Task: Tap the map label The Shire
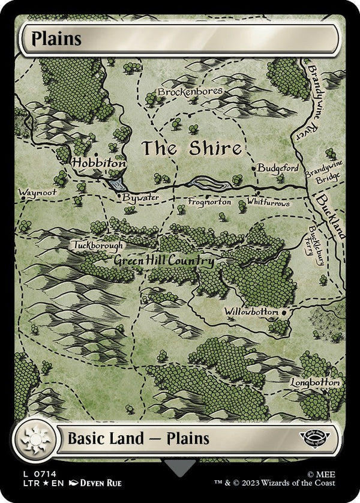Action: click(x=191, y=148)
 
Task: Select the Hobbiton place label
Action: click(x=99, y=163)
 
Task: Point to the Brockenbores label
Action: click(x=190, y=91)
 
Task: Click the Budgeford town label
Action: click(x=278, y=168)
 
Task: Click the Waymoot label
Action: click(x=37, y=193)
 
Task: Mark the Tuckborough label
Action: click(x=98, y=245)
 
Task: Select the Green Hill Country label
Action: click(x=163, y=262)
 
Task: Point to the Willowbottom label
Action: click(x=251, y=312)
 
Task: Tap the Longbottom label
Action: click(x=316, y=382)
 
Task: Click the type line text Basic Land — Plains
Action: click(x=137, y=438)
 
